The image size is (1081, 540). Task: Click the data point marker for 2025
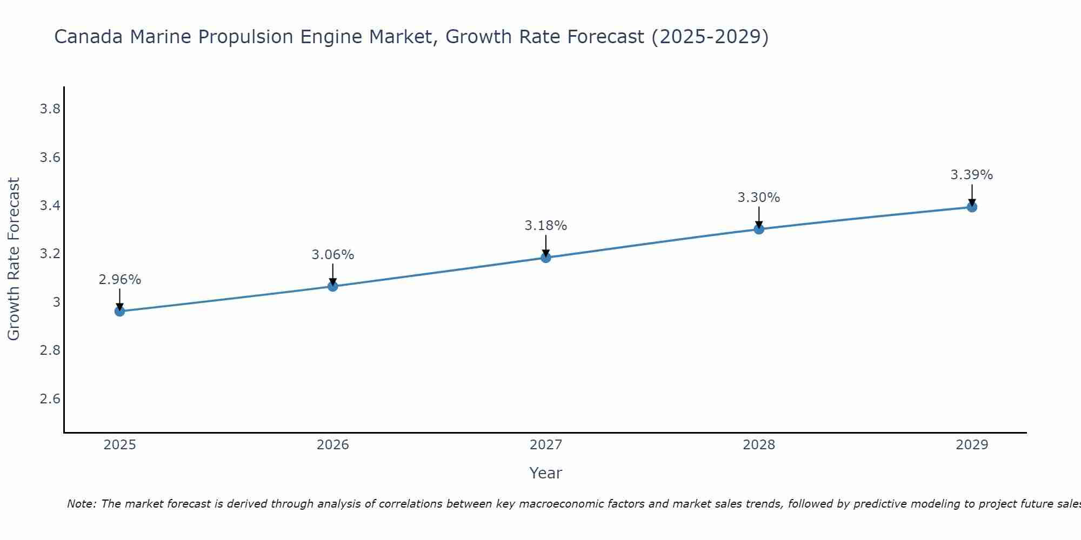120,311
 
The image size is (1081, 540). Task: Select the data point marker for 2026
333,286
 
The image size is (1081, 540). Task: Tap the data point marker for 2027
546,258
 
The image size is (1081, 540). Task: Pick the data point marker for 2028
759,229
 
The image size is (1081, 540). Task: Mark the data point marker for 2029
972,207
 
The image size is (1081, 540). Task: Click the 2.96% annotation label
120,280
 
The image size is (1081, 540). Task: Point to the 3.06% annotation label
333,254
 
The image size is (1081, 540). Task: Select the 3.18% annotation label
546,226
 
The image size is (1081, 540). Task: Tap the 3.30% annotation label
759,198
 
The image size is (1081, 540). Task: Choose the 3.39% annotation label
972,175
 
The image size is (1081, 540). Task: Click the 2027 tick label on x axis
546,445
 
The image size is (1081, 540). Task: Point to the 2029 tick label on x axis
972,445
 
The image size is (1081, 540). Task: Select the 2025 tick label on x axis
120,445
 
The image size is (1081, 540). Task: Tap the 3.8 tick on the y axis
50,109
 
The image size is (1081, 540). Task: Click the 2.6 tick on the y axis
50,399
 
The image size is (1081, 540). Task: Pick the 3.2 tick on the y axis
50,254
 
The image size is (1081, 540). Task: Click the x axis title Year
546,473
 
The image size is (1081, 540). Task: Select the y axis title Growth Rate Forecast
14,259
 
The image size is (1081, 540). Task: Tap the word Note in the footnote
81,504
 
